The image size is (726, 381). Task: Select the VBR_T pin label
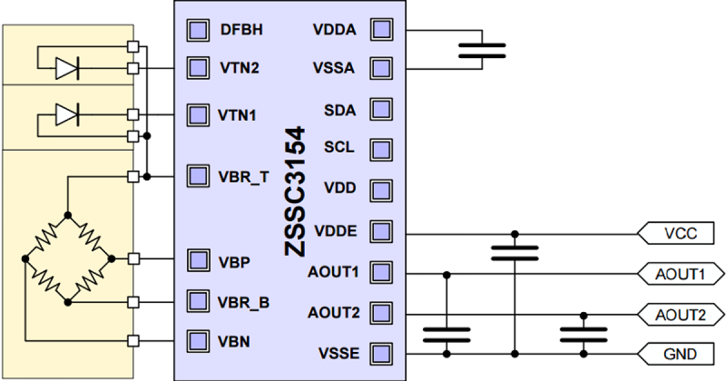click(x=243, y=177)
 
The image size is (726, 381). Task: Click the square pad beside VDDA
click(x=381, y=30)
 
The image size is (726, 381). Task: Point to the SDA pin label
click(x=340, y=111)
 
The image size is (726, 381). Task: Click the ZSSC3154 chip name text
click(x=295, y=192)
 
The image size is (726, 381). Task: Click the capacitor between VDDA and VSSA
click(x=482, y=50)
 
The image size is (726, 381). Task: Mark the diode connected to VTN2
click(x=66, y=68)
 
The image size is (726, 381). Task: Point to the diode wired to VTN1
click(x=66, y=114)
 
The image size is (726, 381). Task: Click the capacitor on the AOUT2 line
click(x=584, y=334)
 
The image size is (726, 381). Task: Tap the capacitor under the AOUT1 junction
click(x=446, y=334)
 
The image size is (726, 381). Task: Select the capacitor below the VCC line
click(x=514, y=252)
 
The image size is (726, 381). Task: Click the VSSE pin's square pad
click(x=381, y=353)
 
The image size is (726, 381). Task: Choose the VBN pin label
click(x=234, y=342)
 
